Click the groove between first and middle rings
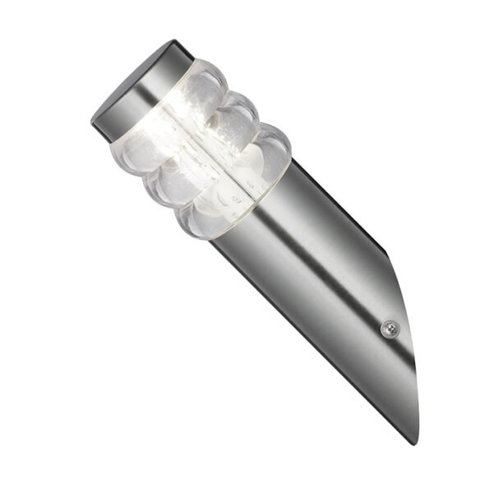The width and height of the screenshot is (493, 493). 185,140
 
